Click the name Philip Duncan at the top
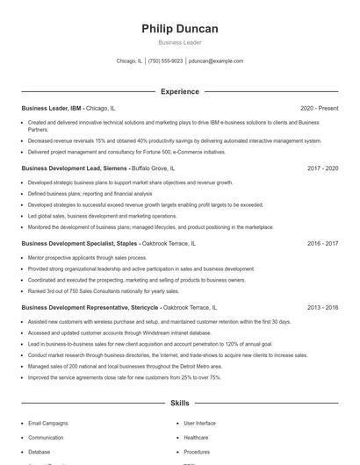pyautogui.click(x=180, y=29)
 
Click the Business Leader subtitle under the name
pyautogui.click(x=180, y=42)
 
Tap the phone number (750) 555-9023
pyautogui.click(x=166, y=61)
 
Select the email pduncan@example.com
pyautogui.click(x=216, y=61)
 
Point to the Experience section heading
pyautogui.click(x=180, y=91)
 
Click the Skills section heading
pyautogui.click(x=180, y=403)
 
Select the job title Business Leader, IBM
pyautogui.click(x=53, y=108)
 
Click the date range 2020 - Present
pyautogui.click(x=319, y=108)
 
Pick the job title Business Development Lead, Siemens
pyautogui.click(x=75, y=168)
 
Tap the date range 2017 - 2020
pyautogui.click(x=322, y=168)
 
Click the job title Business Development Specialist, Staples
pyautogui.click(x=80, y=243)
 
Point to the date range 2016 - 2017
pyautogui.click(x=322, y=243)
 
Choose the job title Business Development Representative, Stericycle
pyautogui.click(x=90, y=308)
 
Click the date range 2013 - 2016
pyautogui.click(x=322, y=308)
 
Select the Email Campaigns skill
pyautogui.click(x=47, y=422)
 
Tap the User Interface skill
pyautogui.click(x=200, y=422)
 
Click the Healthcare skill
pyautogui.click(x=196, y=436)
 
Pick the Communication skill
pyautogui.click(x=46, y=436)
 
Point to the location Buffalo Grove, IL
pyautogui.click(x=154, y=168)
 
